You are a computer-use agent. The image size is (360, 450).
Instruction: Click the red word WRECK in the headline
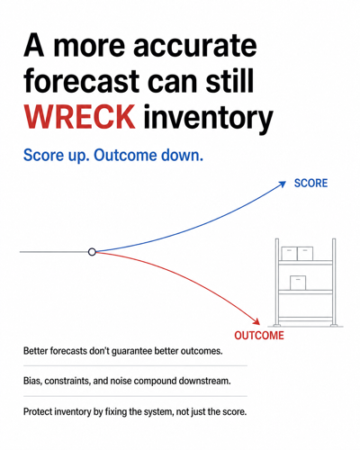click(x=79, y=117)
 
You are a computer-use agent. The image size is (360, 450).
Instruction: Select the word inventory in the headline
click(x=208, y=119)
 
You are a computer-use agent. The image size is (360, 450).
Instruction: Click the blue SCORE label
click(x=310, y=183)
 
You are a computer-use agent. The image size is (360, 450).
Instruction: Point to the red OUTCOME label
click(x=259, y=336)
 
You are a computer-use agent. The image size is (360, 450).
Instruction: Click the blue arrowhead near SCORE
click(x=283, y=184)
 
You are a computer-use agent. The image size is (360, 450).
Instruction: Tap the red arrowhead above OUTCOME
click(x=256, y=320)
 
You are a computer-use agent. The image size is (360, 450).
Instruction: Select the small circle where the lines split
click(x=92, y=252)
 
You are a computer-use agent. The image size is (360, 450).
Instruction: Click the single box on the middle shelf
click(x=298, y=283)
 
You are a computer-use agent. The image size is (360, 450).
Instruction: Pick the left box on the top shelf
click(x=289, y=254)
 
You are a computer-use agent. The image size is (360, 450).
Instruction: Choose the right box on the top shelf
click(x=305, y=254)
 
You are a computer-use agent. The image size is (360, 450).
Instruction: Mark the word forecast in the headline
click(x=81, y=81)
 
